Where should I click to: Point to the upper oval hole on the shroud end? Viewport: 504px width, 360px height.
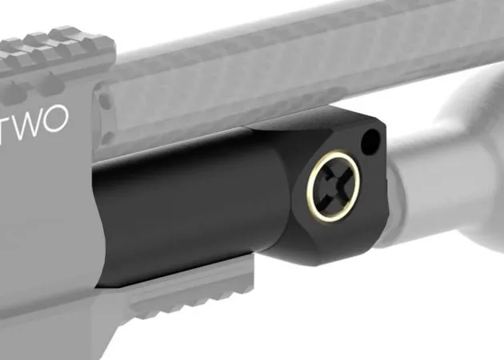[104, 101]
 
